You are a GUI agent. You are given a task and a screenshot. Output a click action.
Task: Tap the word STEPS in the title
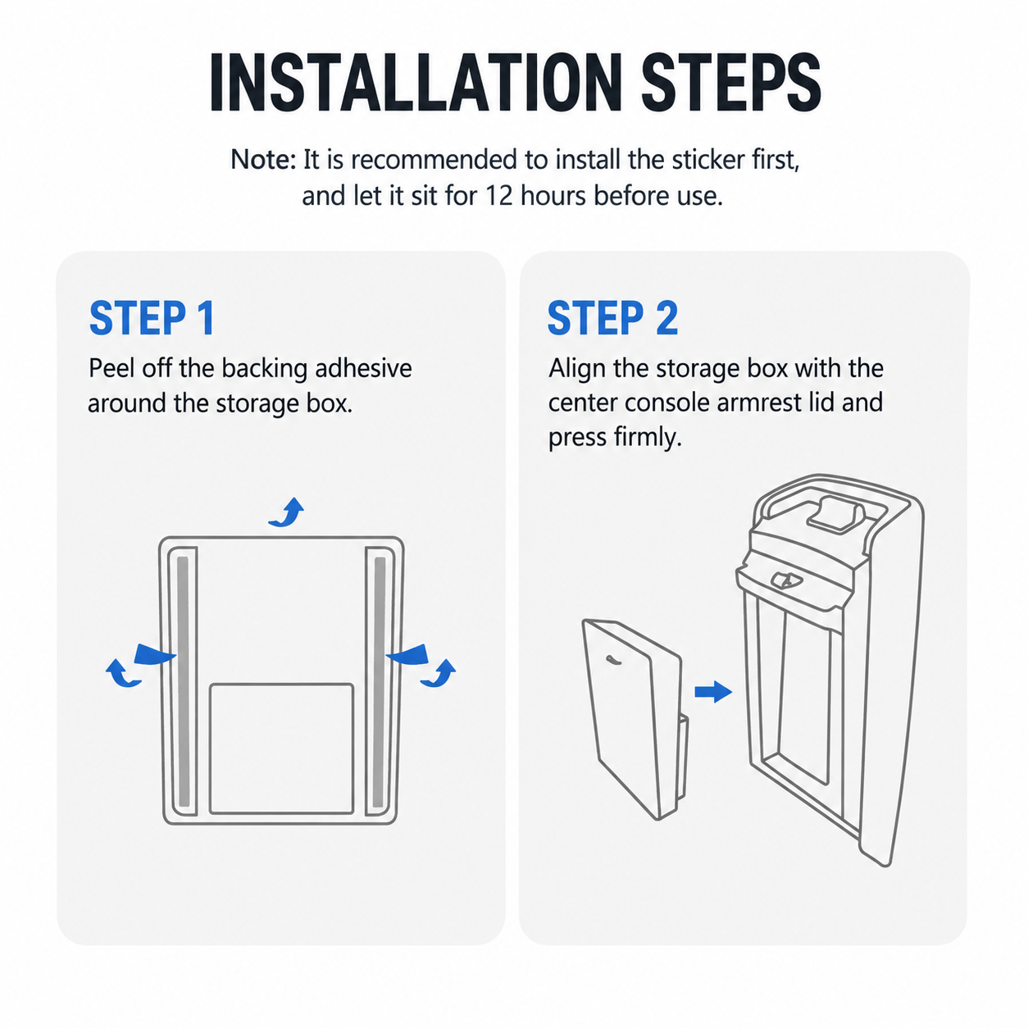[731, 82]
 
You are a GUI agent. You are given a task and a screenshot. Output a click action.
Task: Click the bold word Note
[262, 160]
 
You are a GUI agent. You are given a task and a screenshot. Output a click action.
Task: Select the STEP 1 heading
[152, 318]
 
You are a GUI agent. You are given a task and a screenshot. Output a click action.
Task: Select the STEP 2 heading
[612, 318]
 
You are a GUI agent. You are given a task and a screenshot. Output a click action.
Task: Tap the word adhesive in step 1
[363, 368]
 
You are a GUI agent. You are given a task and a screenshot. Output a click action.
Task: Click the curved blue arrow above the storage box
[287, 512]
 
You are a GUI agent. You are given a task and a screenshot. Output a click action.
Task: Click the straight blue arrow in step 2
[713, 692]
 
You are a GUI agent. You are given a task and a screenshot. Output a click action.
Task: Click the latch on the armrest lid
[786, 580]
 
